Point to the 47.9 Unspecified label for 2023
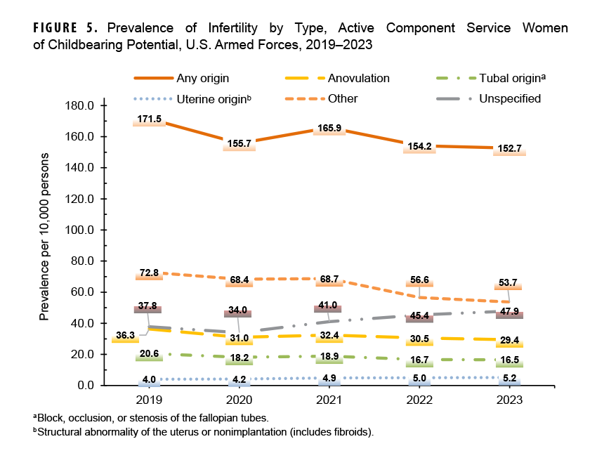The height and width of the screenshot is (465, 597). pyautogui.click(x=509, y=311)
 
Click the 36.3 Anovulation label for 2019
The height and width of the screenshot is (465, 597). pyautogui.click(x=126, y=336)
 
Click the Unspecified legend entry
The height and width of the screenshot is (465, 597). pyautogui.click(x=510, y=98)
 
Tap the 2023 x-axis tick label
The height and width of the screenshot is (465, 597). pyautogui.click(x=509, y=401)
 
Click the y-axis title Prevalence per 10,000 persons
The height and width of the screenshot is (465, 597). pyautogui.click(x=45, y=236)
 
